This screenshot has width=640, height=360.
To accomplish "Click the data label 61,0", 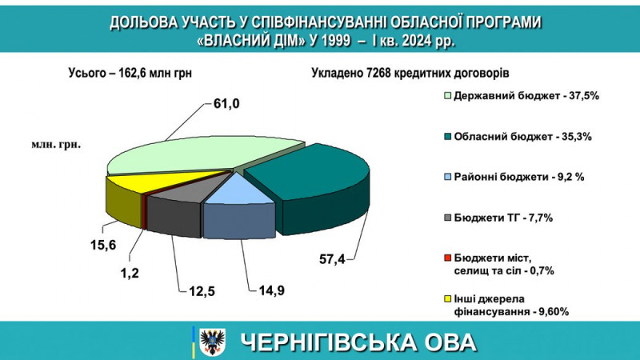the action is point(226,104).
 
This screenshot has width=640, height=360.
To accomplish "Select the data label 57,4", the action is point(332,258).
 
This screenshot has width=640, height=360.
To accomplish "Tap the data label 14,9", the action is point(271,290).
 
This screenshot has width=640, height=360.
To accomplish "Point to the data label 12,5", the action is point(202,291).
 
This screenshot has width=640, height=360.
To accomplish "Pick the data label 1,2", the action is point(130,273).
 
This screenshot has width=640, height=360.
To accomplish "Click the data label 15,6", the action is point(103,245).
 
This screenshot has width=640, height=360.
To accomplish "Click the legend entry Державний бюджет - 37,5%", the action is point(522,96).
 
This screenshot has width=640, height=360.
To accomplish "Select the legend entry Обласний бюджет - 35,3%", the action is point(518,136).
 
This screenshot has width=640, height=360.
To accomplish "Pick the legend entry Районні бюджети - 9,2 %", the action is point(514,177).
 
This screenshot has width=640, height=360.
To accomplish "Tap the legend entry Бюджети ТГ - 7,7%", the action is point(498,218).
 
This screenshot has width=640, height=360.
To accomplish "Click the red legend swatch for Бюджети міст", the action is point(448,258).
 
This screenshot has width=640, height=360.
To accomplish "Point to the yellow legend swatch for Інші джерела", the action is point(448,298).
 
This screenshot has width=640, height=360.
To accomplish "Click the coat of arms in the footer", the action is point(212,341).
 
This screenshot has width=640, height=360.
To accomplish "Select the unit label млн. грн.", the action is point(56,145).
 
